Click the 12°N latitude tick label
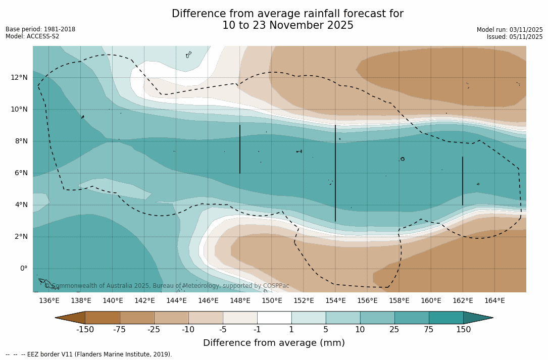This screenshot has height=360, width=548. pos(20,77)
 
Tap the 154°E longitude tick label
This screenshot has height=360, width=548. pos(335,301)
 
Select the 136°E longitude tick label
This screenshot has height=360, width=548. pos(49,301)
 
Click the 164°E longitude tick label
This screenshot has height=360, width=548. pos(494,301)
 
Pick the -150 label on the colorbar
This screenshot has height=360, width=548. pos(85,330)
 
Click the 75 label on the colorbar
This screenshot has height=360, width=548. pos(429,330)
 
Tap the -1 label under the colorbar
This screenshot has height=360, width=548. pos(257,330)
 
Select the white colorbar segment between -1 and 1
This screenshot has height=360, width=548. pos(274,318)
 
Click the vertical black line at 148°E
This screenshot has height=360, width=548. pos(240,149)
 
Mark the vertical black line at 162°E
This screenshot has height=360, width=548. pos(463,181)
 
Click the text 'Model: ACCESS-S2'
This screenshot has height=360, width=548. pos(32,36)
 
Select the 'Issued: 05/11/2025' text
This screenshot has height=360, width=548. pos(515,37)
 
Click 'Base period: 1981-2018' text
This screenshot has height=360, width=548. pos(40,29)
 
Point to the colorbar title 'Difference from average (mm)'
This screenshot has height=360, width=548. pos(274,343)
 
